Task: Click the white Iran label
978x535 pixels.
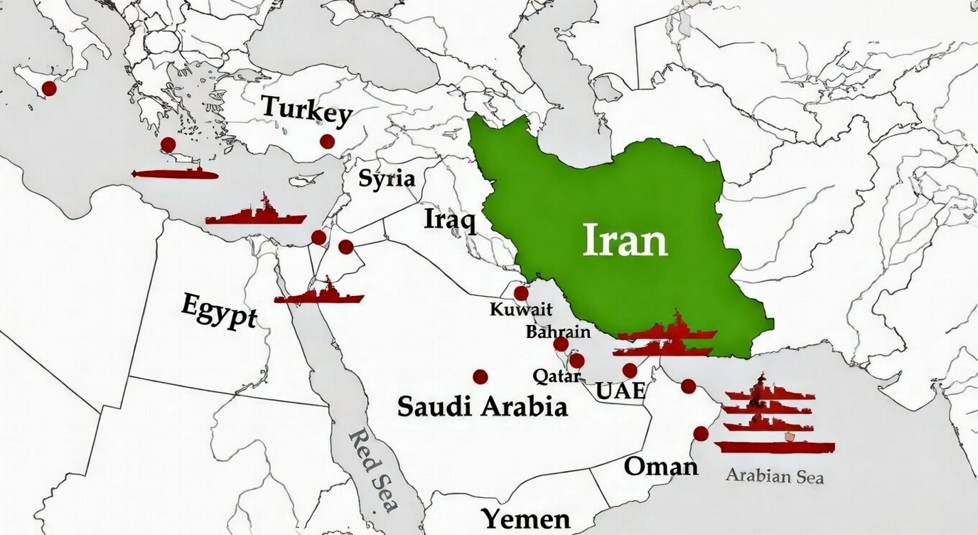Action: pos(625,240)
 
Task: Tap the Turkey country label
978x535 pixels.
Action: pos(306,110)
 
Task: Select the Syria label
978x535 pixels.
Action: pos(386,178)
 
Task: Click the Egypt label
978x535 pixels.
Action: pos(219,310)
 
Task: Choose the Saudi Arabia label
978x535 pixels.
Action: pos(482,407)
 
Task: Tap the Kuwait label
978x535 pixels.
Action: pos(521,309)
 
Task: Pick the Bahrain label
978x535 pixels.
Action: pos(558,332)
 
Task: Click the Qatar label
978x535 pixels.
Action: pos(556,375)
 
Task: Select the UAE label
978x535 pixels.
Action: pos(620,391)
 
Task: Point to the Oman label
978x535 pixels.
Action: pos(661,467)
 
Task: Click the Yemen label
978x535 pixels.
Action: pos(525,519)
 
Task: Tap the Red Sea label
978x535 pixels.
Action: pos(374,470)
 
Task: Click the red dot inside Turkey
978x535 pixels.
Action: pos(327,142)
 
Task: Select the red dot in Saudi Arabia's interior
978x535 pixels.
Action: pos(480,376)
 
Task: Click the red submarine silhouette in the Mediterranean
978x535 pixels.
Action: pos(175,174)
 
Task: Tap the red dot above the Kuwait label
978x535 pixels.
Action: pos(521,293)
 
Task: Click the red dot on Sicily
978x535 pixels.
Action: pos(48,88)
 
